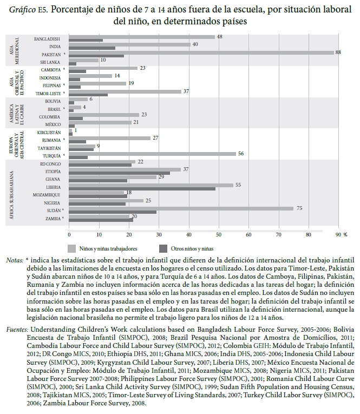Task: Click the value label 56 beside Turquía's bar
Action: click(241, 153)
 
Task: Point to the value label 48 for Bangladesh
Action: click(220, 37)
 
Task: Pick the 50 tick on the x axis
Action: click(218, 234)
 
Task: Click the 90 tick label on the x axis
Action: click(338, 234)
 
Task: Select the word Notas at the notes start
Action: click(15, 260)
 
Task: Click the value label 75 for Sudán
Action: click(298, 208)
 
